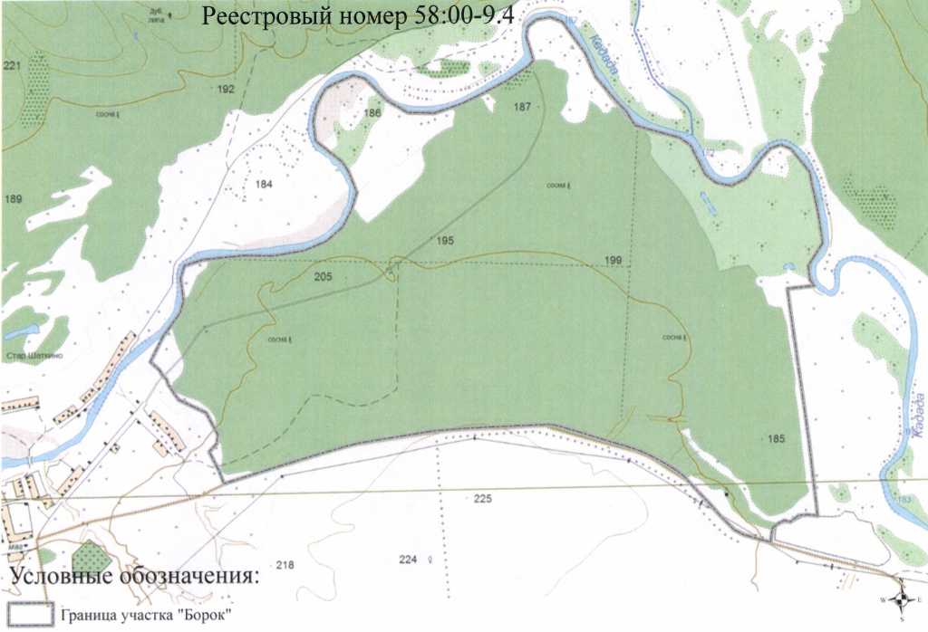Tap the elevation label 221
pos(12,66)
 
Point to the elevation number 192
pos(226,89)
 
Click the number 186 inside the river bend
pos(372,113)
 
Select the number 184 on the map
pos(264,184)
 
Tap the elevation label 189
pos(13,198)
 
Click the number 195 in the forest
pos(444,241)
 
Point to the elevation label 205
pos(323,276)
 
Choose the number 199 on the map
pos(613,262)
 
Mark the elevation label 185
pos(775,439)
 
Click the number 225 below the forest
pos(481,499)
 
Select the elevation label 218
pos(285,566)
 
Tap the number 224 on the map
pos(407,560)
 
